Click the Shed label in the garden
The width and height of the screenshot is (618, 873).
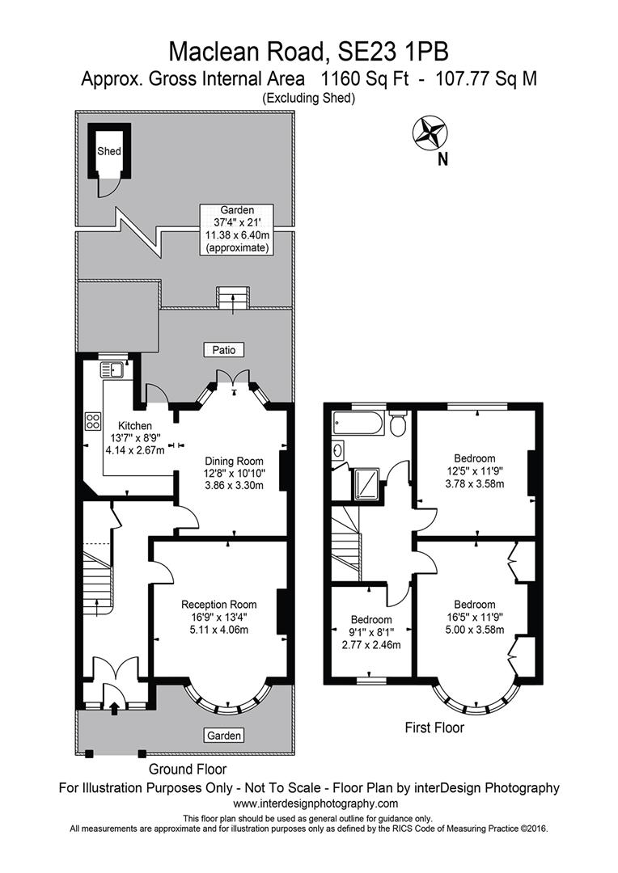[x=109, y=151]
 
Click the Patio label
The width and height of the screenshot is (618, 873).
[x=224, y=350]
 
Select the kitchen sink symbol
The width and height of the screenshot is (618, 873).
[x=112, y=371]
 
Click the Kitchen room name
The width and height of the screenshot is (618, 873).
[x=134, y=426]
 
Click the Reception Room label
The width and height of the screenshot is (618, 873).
[x=218, y=604]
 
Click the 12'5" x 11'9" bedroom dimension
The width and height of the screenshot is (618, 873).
[x=476, y=471]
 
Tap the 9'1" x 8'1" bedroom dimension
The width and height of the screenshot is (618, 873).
[x=372, y=633]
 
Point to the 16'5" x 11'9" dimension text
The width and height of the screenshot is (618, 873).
[x=474, y=618]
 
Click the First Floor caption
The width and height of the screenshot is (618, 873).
[x=434, y=727]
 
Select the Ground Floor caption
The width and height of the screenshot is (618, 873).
[x=188, y=769]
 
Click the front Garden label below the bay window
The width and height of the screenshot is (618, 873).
[x=223, y=736]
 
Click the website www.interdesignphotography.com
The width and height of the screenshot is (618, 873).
[x=315, y=803]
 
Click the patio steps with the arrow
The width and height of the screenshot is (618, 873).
[x=234, y=297]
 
